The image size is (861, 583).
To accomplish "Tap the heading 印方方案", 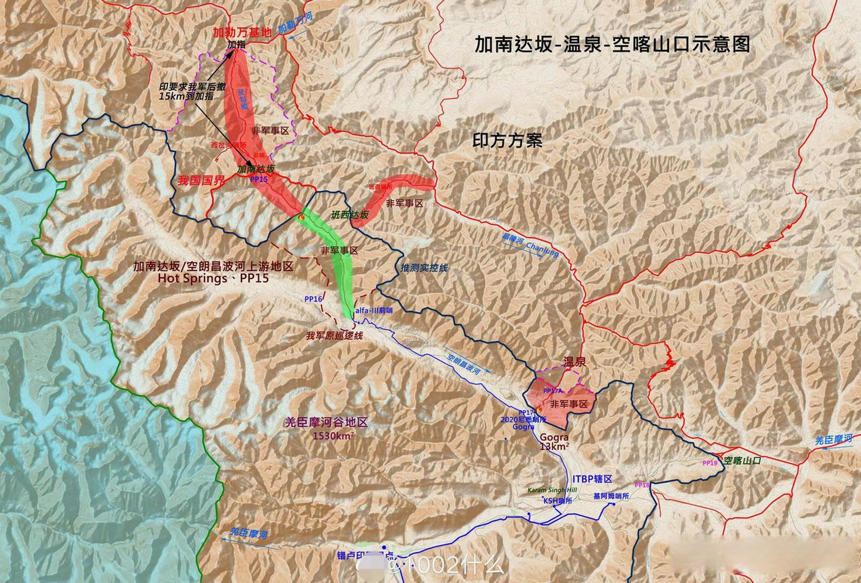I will pos(507,140).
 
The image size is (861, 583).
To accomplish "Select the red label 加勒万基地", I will pos(242,32).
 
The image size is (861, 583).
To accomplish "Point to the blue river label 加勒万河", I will pos(296,23).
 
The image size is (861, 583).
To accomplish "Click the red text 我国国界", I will pos(201,180).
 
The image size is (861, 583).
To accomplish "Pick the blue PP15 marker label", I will pos(259,179).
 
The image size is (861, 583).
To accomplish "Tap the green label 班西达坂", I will pos(349,215).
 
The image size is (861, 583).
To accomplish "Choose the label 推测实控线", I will pos(424,267).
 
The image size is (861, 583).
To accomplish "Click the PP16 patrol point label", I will pos(313,299).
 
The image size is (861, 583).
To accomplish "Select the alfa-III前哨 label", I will pos(374,310).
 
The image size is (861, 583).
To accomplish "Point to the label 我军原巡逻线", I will pos(334,336).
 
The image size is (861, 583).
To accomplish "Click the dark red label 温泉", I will pos(574,363).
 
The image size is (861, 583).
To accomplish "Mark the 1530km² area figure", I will pos(333,435).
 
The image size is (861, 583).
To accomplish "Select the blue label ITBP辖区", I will pos(592,479).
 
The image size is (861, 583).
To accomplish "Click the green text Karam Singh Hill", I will pos(552,490).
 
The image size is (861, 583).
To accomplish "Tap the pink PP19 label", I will pos(710,463).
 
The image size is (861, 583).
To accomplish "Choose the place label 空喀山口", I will pos(742,460).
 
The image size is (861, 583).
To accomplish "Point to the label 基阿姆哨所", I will pos(611,496).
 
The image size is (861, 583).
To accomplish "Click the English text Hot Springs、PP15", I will pos(213,278).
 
